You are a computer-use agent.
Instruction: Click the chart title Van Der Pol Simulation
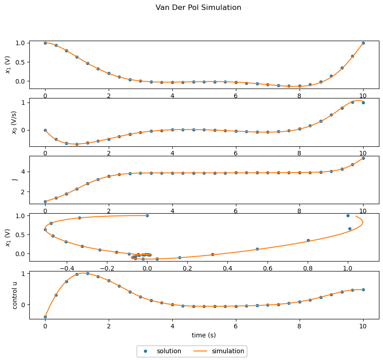click(198, 8)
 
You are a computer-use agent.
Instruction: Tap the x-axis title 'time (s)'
click(204, 335)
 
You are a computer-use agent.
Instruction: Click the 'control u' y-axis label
click(15, 295)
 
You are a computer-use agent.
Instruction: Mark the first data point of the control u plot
click(45, 317)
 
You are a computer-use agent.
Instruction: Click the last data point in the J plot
click(363, 158)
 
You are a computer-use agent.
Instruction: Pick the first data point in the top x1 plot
click(45, 43)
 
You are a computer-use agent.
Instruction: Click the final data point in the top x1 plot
click(363, 43)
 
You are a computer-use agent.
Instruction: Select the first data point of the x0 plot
click(45, 130)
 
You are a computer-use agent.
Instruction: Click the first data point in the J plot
click(45, 201)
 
